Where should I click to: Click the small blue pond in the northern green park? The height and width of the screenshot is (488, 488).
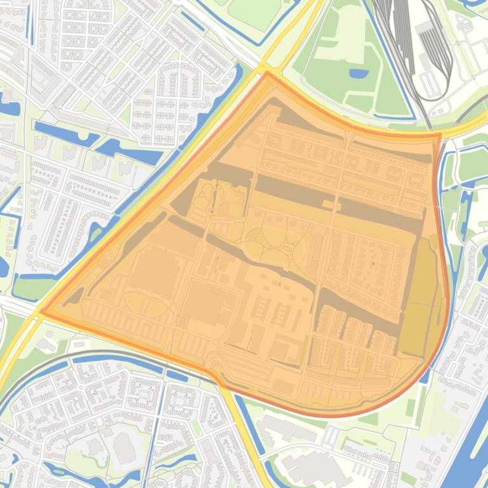pos(359,73)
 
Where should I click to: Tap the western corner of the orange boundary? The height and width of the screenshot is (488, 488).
pos(40,311)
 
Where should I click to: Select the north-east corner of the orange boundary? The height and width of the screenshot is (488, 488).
pos(439,134)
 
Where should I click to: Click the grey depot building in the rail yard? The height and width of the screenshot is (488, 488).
pos(424,29)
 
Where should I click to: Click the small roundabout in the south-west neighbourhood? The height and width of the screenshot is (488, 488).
pos(81,386)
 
